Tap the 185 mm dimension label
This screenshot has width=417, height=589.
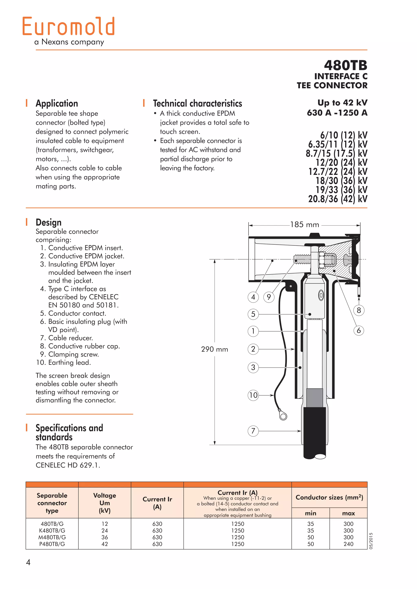click(x=305, y=225)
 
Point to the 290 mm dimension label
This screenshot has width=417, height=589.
click(x=214, y=349)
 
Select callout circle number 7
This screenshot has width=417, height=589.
click(x=253, y=431)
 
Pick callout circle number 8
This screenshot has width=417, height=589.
click(x=359, y=310)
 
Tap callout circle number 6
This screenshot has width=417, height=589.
click(x=359, y=330)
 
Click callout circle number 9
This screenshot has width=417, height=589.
click(x=269, y=297)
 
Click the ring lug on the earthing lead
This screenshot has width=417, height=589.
click(x=283, y=416)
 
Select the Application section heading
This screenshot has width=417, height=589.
click(x=57, y=103)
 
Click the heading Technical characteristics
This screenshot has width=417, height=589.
click(x=197, y=103)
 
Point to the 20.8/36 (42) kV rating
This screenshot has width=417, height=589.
click(x=338, y=199)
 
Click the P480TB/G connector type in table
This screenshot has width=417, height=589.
click(x=52, y=544)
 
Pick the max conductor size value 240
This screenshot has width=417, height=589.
click(x=348, y=544)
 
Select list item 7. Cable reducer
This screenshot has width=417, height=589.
click(x=67, y=338)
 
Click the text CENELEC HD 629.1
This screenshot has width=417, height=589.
click(x=68, y=465)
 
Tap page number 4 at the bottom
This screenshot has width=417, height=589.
click(x=28, y=562)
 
